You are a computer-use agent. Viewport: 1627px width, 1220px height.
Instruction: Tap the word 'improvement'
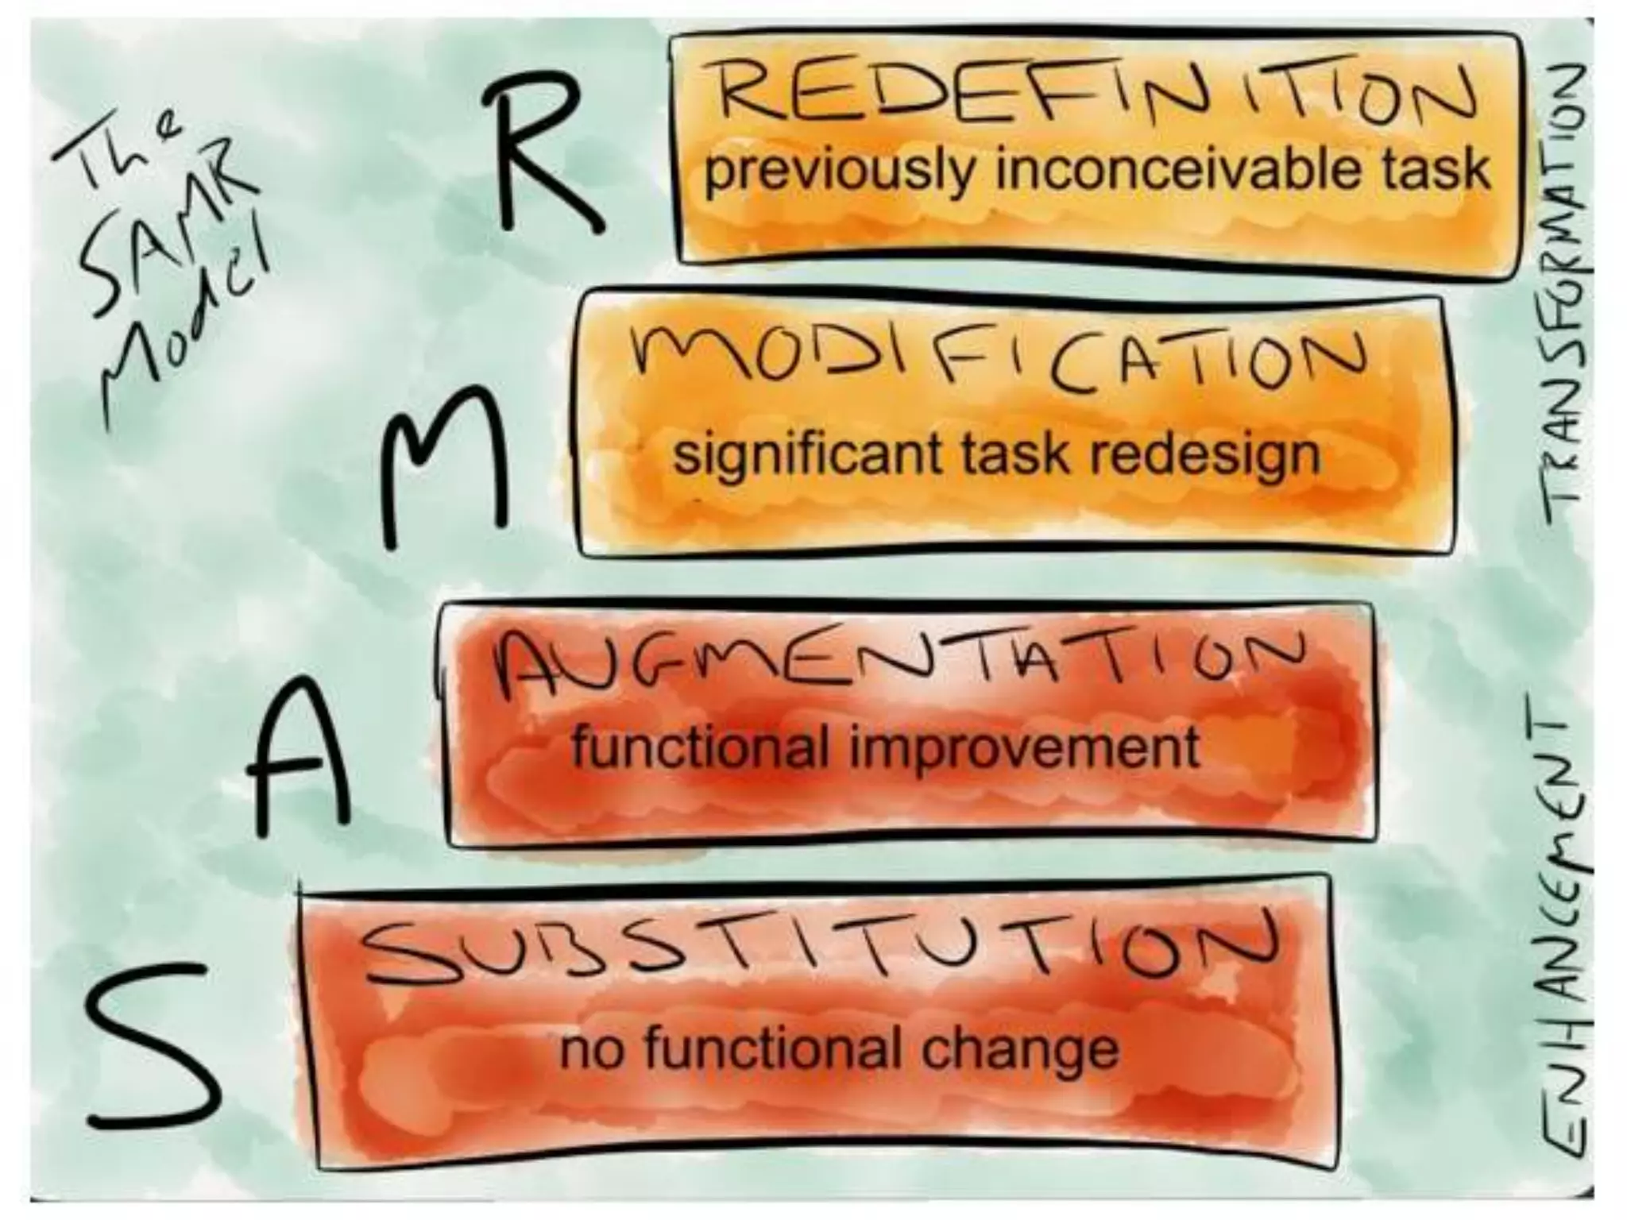coord(1025,748)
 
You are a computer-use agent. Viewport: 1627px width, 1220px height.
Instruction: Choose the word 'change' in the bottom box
coord(1020,1051)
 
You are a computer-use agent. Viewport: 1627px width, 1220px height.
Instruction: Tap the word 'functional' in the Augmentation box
coord(699,747)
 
